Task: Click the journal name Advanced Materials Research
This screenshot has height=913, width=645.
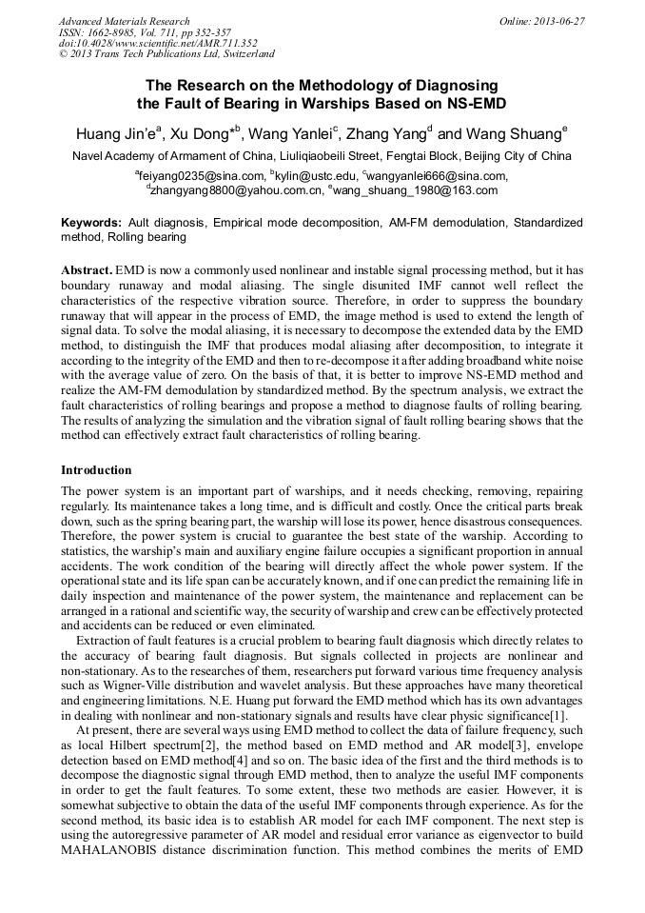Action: pyautogui.click(x=125, y=21)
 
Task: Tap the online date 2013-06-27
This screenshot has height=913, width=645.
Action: pyautogui.click(x=559, y=21)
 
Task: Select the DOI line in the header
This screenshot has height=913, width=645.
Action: pyautogui.click(x=158, y=44)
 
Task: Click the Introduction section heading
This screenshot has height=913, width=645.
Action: pyautogui.click(x=96, y=469)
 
